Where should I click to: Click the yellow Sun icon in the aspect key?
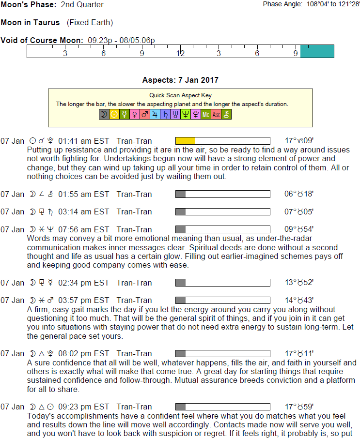(114, 115)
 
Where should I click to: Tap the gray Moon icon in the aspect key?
(104, 115)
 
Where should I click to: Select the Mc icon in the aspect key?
(206, 115)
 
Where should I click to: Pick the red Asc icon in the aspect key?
(216, 115)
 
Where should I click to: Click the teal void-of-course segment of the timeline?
(317, 51)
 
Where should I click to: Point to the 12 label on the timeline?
(180, 53)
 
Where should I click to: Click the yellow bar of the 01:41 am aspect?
(185, 141)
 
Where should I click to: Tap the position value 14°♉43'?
(299, 300)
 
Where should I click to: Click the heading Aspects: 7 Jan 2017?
(180, 80)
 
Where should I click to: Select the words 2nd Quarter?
(82, 5)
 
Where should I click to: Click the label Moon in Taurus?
(31, 23)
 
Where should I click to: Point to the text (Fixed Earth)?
(90, 23)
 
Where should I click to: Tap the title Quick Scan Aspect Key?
(181, 95)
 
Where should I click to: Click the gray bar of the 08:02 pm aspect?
(180, 353)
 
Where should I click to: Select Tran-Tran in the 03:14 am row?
(134, 211)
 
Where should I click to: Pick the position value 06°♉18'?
(299, 194)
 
